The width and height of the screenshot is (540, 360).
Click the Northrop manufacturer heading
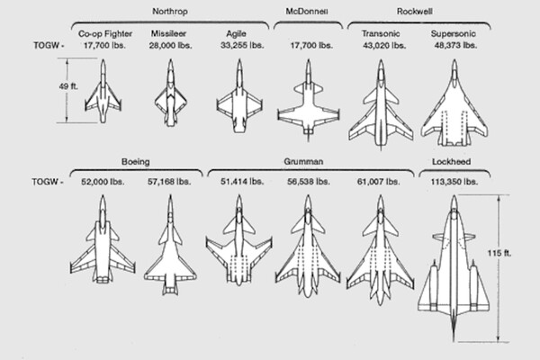pyautogui.click(x=170, y=12)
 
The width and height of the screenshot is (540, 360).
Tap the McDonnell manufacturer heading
pyautogui.click(x=307, y=12)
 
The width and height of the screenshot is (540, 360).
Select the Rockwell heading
pyautogui.click(x=414, y=12)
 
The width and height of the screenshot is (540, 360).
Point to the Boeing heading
pyautogui.click(x=135, y=162)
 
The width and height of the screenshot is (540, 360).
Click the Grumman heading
pyautogui.click(x=303, y=161)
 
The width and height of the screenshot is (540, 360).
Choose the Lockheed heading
pyautogui.click(x=451, y=162)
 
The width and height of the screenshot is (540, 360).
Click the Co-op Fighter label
pyautogui.click(x=105, y=34)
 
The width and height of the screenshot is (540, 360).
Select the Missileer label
pyautogui.click(x=168, y=34)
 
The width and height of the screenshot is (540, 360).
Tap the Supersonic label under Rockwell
pyautogui.click(x=454, y=34)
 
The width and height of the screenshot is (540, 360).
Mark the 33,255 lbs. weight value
pyautogui.click(x=242, y=45)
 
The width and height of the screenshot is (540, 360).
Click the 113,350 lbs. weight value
pyautogui.click(x=454, y=182)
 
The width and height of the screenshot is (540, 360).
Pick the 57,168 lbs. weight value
pyautogui.click(x=169, y=182)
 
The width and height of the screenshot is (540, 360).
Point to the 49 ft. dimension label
pyautogui.click(x=68, y=86)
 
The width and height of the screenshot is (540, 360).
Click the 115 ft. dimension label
pyautogui.click(x=499, y=253)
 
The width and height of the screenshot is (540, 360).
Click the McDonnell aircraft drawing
pyautogui.click(x=309, y=100)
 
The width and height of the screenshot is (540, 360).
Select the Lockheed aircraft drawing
pyautogui.click(x=454, y=268)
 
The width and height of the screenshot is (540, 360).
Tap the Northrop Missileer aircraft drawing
pyautogui.click(x=170, y=93)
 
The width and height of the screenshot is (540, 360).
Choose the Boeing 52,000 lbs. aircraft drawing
pyautogui.click(x=103, y=239)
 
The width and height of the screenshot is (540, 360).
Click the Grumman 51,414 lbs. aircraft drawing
pyautogui.click(x=239, y=240)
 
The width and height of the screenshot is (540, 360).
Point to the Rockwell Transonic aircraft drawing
pyautogui.click(x=381, y=104)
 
